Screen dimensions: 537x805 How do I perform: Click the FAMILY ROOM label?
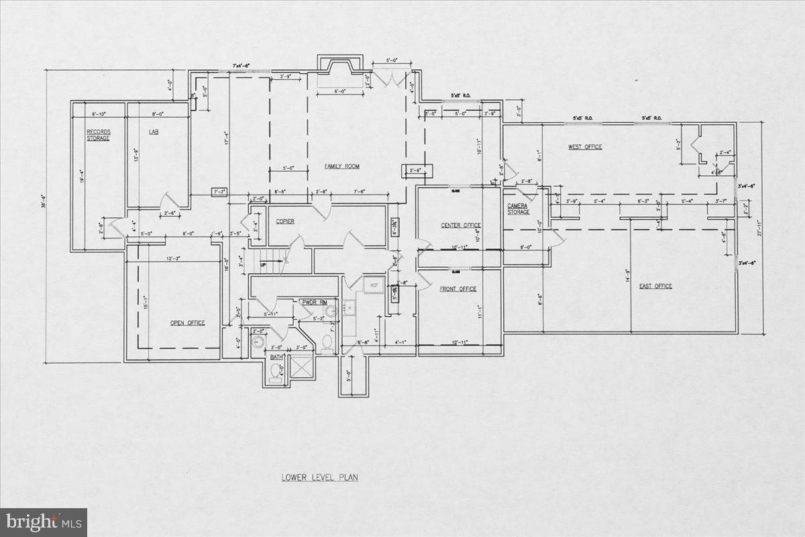(x=342, y=166)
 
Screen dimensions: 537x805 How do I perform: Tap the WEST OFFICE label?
(x=585, y=147)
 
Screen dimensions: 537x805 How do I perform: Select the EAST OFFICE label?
(x=655, y=287)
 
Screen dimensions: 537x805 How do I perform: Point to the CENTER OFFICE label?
(x=461, y=225)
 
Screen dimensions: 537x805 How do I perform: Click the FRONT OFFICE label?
(x=458, y=289)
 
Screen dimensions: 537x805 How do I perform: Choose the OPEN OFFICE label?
(x=187, y=323)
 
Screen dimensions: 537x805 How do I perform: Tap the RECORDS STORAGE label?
(x=98, y=134)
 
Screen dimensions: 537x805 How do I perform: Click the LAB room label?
(x=154, y=132)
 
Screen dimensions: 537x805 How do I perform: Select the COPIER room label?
(x=285, y=221)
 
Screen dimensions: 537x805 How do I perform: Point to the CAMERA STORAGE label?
(x=518, y=209)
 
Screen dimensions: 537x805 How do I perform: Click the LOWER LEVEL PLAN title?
(x=320, y=478)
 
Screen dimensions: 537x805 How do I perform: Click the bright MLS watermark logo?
(x=44, y=522)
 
